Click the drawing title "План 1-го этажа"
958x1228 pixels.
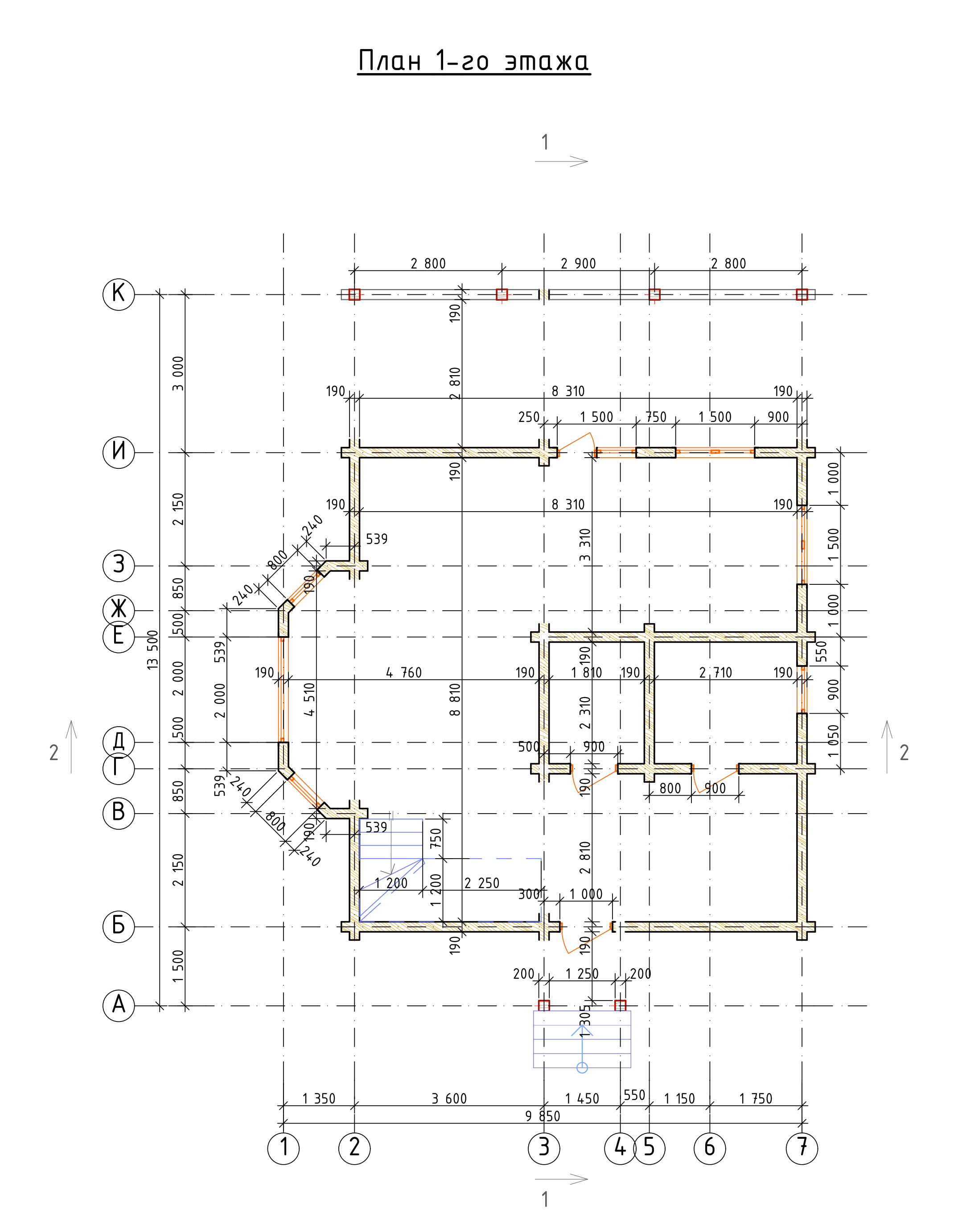[474, 61]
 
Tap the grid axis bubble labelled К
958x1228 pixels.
[119, 294]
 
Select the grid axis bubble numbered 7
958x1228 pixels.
[802, 1148]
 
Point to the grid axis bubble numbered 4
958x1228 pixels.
[620, 1148]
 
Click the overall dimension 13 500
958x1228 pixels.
[153, 649]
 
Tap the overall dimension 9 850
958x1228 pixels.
[543, 1116]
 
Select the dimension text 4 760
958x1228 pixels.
[403, 673]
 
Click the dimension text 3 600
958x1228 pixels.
[449, 1098]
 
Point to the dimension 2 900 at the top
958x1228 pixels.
[578, 263]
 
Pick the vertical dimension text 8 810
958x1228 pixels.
[455, 699]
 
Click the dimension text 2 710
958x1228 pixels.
[715, 673]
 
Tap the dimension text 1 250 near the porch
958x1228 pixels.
[582, 974]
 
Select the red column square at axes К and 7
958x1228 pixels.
[802, 294]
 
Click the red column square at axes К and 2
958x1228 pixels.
[354, 294]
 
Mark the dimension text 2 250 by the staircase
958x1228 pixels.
[481, 883]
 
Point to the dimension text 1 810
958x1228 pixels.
[586, 673]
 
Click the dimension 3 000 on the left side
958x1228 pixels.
[177, 373]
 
